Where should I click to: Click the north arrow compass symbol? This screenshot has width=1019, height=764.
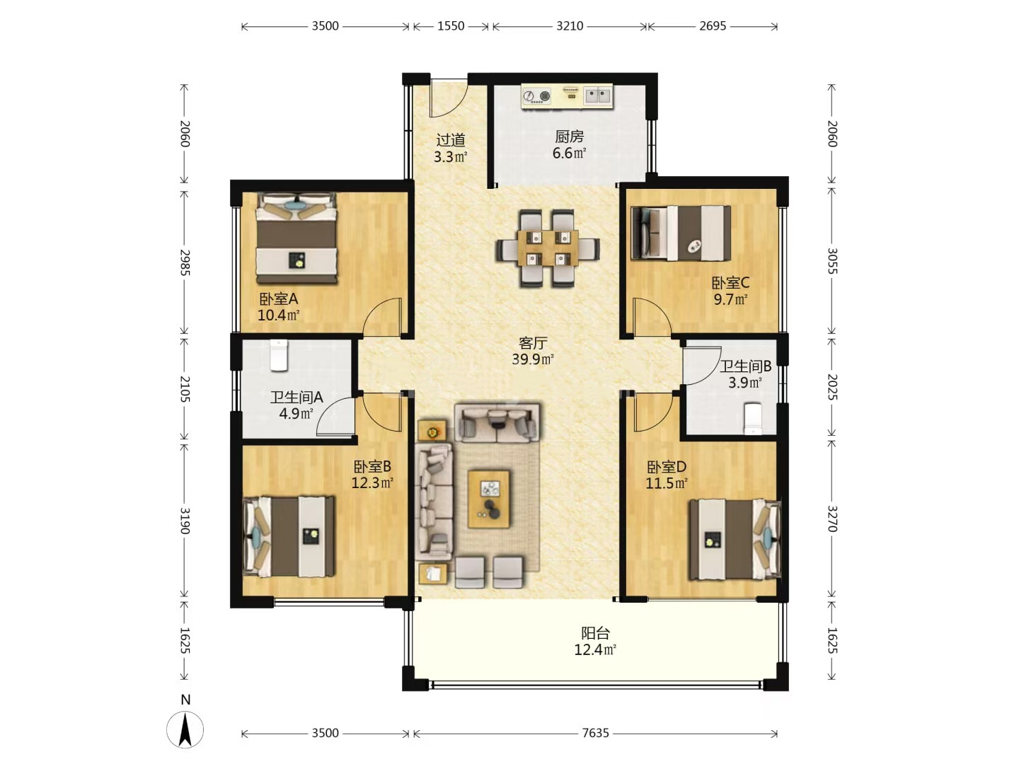point(185,729)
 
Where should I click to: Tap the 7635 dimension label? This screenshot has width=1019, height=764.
point(595,733)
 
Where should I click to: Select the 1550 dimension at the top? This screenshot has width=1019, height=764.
point(450,26)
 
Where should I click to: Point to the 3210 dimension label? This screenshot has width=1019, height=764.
point(570,26)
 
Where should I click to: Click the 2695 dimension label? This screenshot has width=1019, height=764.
point(713,26)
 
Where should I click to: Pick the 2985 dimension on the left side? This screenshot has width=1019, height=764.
point(185,262)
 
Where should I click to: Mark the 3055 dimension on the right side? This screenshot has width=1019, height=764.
point(832,261)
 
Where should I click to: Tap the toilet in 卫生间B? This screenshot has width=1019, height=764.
point(753,419)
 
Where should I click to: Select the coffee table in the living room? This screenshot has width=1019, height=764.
point(488,499)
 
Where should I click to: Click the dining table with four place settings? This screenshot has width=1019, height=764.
point(548,248)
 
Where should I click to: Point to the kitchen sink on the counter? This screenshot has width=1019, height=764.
point(597,96)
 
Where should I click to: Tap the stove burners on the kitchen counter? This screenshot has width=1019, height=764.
point(537,96)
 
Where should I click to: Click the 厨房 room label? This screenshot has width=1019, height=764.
point(569,137)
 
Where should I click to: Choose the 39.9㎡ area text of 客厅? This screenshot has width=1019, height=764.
point(532,359)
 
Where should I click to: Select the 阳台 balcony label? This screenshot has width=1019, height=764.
point(595,632)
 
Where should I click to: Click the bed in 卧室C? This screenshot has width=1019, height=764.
point(681,233)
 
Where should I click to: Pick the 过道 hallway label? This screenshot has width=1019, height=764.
point(450,139)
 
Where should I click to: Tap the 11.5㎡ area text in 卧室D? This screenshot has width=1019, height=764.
point(667,483)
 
